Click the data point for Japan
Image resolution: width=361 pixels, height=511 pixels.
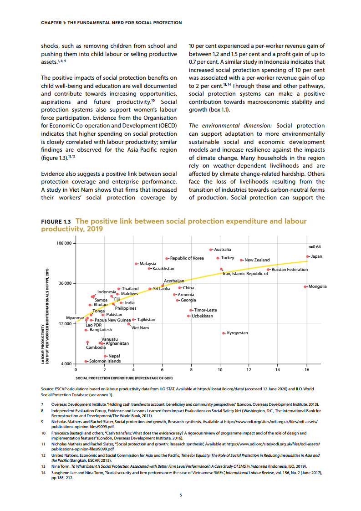point(308,256)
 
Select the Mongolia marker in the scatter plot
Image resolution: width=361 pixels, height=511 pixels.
point(305,286)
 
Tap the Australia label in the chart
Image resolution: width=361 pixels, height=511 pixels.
point(223,250)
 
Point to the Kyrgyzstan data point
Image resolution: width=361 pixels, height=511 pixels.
point(223,333)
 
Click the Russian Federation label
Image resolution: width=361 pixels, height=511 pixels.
point(290,270)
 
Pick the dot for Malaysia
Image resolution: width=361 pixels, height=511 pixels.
point(136,264)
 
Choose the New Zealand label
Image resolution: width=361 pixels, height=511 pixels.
point(257,260)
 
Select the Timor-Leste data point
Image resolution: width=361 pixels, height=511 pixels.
point(191,310)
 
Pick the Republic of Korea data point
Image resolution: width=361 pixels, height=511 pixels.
point(167,259)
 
